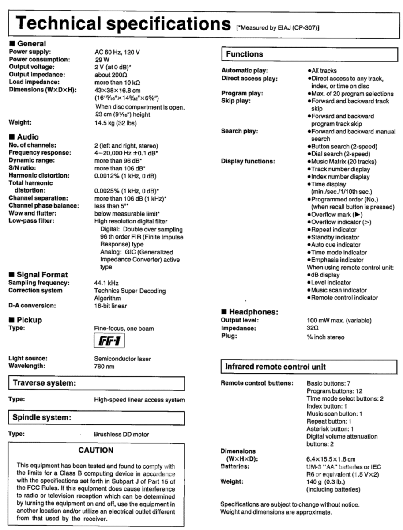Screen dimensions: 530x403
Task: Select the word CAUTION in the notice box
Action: tap(96, 450)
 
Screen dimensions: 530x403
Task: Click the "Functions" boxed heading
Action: tap(245, 54)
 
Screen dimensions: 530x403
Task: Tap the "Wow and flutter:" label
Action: tap(34, 213)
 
